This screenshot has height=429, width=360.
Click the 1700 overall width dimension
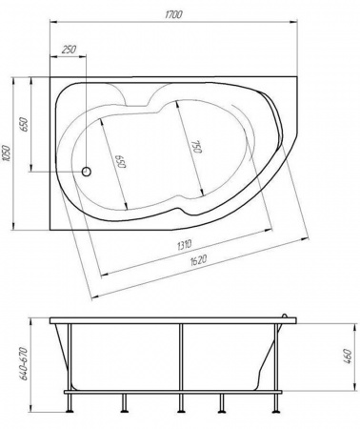(173, 14)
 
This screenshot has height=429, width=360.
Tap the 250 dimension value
(69, 50)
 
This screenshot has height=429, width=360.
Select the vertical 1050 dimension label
(7, 153)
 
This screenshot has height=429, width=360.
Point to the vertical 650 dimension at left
(25, 124)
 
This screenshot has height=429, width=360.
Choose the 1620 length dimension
(198, 260)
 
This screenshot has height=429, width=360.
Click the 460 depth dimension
(348, 357)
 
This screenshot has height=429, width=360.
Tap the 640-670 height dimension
(25, 364)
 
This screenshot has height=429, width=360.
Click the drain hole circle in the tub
(87, 172)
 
